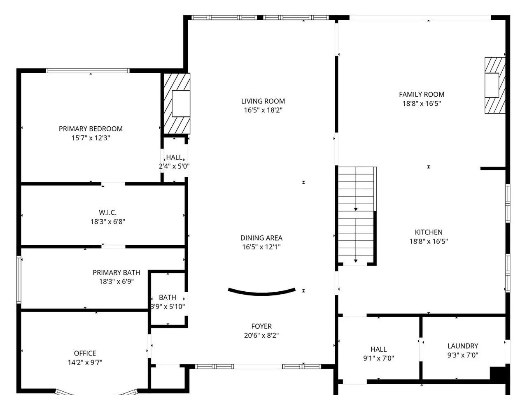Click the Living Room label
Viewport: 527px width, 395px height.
pyautogui.click(x=263, y=101)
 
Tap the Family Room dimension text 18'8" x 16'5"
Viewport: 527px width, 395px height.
pyautogui.click(x=422, y=104)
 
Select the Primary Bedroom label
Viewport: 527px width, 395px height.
pyautogui.click(x=91, y=129)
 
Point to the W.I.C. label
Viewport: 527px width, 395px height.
pyautogui.click(x=107, y=212)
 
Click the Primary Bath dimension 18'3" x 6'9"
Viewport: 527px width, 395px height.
pyautogui.click(x=117, y=281)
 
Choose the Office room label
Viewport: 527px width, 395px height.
pyautogui.click(x=85, y=353)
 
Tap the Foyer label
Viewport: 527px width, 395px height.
pyautogui.click(x=261, y=326)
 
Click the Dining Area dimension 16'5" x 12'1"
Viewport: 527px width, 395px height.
pyautogui.click(x=261, y=247)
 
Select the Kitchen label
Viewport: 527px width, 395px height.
pyautogui.click(x=429, y=232)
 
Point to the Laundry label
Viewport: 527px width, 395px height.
pyautogui.click(x=463, y=346)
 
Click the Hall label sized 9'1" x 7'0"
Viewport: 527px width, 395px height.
pyautogui.click(x=379, y=349)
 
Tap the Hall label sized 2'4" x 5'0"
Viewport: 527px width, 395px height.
pyautogui.click(x=174, y=157)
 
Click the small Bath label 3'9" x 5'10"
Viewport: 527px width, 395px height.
pyautogui.click(x=168, y=297)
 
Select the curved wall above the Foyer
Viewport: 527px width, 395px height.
pyautogui.click(x=262, y=293)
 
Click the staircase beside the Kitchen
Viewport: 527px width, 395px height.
pyautogui.click(x=356, y=216)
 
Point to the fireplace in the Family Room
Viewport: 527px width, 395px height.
pyautogui.click(x=495, y=85)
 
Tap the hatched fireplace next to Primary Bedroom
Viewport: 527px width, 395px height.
pyautogui.click(x=177, y=103)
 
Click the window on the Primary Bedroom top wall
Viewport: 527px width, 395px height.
pyautogui.click(x=88, y=71)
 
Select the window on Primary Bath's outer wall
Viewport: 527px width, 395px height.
pyautogui.click(x=19, y=280)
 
